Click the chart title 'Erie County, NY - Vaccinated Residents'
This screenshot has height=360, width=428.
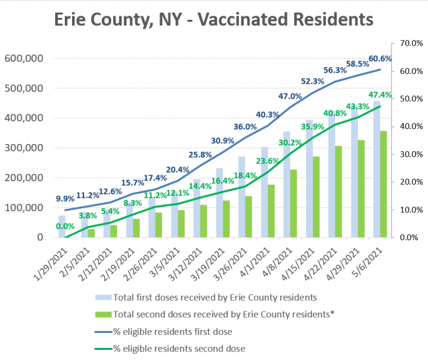coord(214,20)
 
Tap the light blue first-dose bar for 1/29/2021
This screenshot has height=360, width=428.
coord(62,226)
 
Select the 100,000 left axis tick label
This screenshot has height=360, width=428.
coord(23,208)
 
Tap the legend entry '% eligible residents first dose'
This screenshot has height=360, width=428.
coord(172,331)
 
